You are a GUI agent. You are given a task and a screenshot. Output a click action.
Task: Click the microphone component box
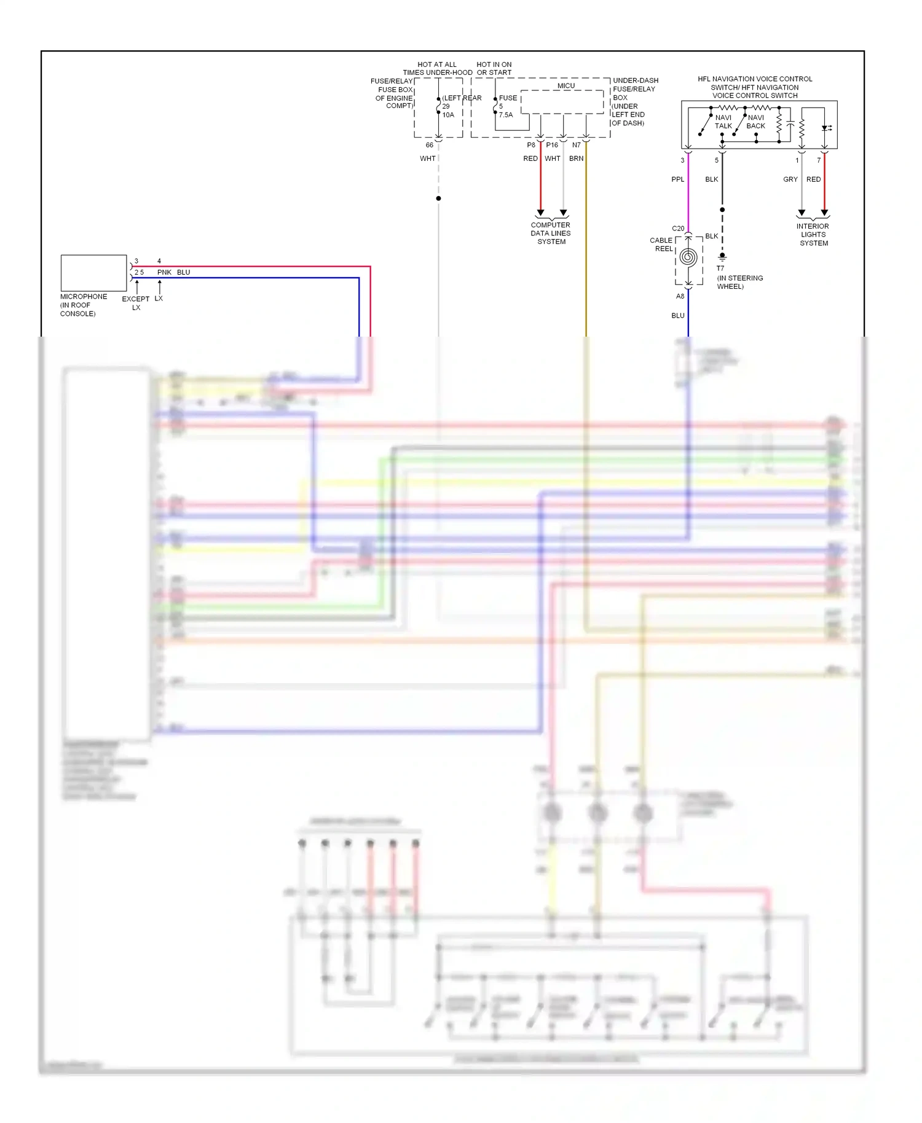point(93,273)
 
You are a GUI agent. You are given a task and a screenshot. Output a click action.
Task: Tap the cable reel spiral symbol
point(688,257)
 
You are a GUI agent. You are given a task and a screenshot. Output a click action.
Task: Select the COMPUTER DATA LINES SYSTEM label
point(551,233)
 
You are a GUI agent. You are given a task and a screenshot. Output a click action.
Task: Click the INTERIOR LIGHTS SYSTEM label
point(813,235)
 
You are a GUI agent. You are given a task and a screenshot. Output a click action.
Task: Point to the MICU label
point(566,86)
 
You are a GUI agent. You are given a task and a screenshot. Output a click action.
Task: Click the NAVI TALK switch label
point(723,122)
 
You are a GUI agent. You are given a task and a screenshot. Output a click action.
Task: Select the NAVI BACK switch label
point(755,122)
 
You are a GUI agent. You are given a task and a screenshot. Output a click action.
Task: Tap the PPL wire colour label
point(677,179)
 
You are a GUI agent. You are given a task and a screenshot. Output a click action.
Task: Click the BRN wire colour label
point(576,158)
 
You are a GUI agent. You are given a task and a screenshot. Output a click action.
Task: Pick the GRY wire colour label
point(790,179)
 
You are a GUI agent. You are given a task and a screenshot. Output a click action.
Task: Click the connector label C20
point(678,229)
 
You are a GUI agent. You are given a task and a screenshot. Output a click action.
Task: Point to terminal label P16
point(552,145)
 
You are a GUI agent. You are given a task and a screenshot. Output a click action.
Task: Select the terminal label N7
point(576,145)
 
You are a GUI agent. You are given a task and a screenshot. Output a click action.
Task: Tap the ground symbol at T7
point(722,257)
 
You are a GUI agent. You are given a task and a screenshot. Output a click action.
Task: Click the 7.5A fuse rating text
point(506,115)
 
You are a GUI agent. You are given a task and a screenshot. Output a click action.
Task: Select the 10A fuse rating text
point(448,115)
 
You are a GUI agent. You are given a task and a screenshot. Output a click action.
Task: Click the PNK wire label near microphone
point(164,272)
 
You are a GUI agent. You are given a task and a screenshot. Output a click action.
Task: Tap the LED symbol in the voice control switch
point(825,128)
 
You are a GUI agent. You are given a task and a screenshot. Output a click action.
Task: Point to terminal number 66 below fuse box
point(429,145)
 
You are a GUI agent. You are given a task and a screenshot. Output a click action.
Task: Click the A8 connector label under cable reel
point(680,296)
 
